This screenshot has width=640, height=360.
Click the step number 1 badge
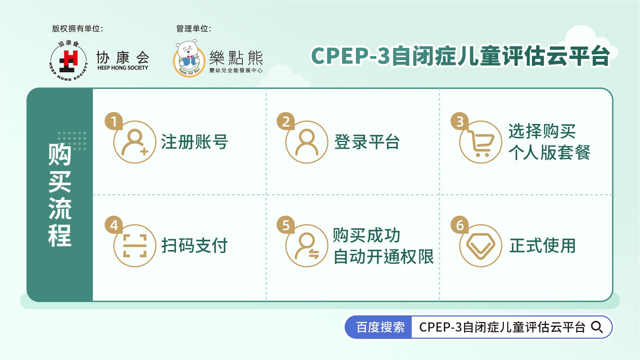tap(114, 121)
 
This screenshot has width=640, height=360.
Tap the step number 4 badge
tap(114, 225)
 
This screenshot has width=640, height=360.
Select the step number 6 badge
tap(460, 225)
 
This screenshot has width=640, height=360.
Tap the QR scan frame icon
tap(135, 246)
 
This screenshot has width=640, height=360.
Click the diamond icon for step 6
tap(480, 246)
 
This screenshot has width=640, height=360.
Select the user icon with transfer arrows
tap(307, 246)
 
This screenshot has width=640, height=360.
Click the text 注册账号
tap(194, 142)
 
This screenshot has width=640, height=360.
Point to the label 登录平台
tap(367, 142)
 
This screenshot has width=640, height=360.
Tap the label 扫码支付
tap(194, 246)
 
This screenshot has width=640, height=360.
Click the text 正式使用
tap(543, 246)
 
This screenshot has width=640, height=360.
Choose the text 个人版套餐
tap(550, 152)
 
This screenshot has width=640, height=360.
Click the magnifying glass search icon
tap(597, 327)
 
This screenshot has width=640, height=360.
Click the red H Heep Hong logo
tap(69, 61)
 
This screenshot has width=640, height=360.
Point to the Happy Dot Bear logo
tap(189, 59)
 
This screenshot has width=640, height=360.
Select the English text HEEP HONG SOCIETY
tap(123, 68)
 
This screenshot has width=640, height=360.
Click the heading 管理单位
tap(194, 28)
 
